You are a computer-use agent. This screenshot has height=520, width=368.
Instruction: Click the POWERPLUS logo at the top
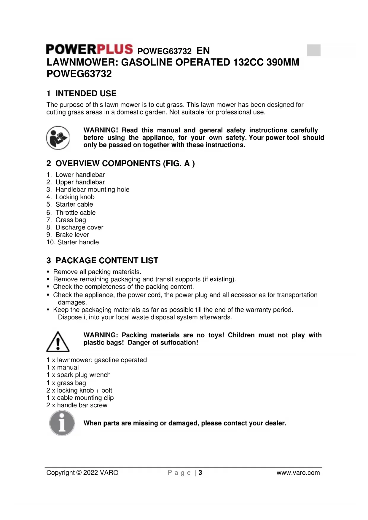(x=89, y=49)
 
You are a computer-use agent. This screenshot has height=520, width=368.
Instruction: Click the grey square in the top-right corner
(x=313, y=50)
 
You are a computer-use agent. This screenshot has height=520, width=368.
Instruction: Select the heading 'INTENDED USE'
(x=86, y=94)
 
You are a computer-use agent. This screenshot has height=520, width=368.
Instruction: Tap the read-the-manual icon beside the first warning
(x=58, y=138)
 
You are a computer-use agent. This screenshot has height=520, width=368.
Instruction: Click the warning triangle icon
(x=58, y=342)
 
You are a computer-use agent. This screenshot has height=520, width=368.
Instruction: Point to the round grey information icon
(x=62, y=423)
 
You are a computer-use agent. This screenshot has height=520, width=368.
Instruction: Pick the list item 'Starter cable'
(x=74, y=205)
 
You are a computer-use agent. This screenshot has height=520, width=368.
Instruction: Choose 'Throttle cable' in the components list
(x=75, y=213)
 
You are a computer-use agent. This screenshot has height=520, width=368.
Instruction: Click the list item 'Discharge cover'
(x=79, y=227)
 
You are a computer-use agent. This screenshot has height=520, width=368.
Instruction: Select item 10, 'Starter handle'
(x=78, y=242)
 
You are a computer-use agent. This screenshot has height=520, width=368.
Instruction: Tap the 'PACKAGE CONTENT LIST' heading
(x=107, y=261)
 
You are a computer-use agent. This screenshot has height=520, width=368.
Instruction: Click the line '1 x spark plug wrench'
(x=79, y=375)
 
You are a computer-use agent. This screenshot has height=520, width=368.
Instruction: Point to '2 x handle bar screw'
(x=77, y=405)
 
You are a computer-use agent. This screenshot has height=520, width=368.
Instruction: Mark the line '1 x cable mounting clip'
(x=80, y=398)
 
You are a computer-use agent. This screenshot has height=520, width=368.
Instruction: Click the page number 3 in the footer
(x=200, y=473)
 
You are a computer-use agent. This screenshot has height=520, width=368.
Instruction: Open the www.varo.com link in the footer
(x=298, y=473)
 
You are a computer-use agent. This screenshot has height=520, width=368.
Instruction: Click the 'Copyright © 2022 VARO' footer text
(x=82, y=473)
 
